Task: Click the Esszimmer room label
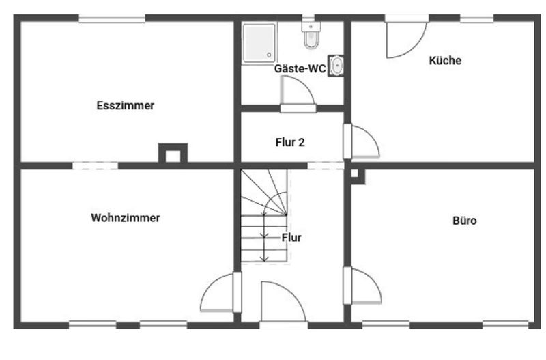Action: (x=126, y=106)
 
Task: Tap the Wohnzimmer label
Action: (x=125, y=218)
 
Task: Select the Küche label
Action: (x=445, y=61)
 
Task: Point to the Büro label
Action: (x=465, y=221)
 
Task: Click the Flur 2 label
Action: (x=289, y=143)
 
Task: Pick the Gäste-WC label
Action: (x=300, y=68)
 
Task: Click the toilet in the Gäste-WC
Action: (x=311, y=36)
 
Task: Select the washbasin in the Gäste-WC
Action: (x=336, y=66)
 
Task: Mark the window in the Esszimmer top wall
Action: (x=112, y=19)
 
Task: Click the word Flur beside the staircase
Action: (x=291, y=238)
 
